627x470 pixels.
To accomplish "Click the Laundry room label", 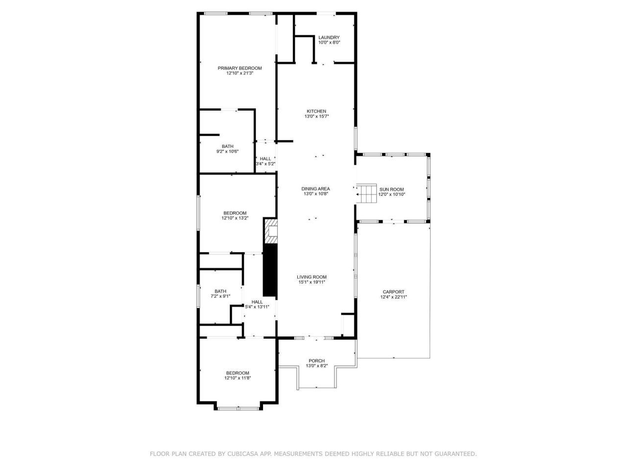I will coord(329,38).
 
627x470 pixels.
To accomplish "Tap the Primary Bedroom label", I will coord(240,68).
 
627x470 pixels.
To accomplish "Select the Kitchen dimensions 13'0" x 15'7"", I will coord(316,117).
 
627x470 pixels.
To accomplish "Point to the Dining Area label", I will coord(315,188).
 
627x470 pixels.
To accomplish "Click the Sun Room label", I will coord(391,189).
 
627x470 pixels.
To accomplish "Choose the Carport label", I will coord(393,292).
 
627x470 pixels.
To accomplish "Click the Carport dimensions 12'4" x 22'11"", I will coord(393,297).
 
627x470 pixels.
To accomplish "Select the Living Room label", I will coord(312,277).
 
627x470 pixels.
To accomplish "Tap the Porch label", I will coord(316,361).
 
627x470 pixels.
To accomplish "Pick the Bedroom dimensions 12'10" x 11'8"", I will coord(238,378).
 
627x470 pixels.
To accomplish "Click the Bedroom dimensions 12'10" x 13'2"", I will coord(235,218).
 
